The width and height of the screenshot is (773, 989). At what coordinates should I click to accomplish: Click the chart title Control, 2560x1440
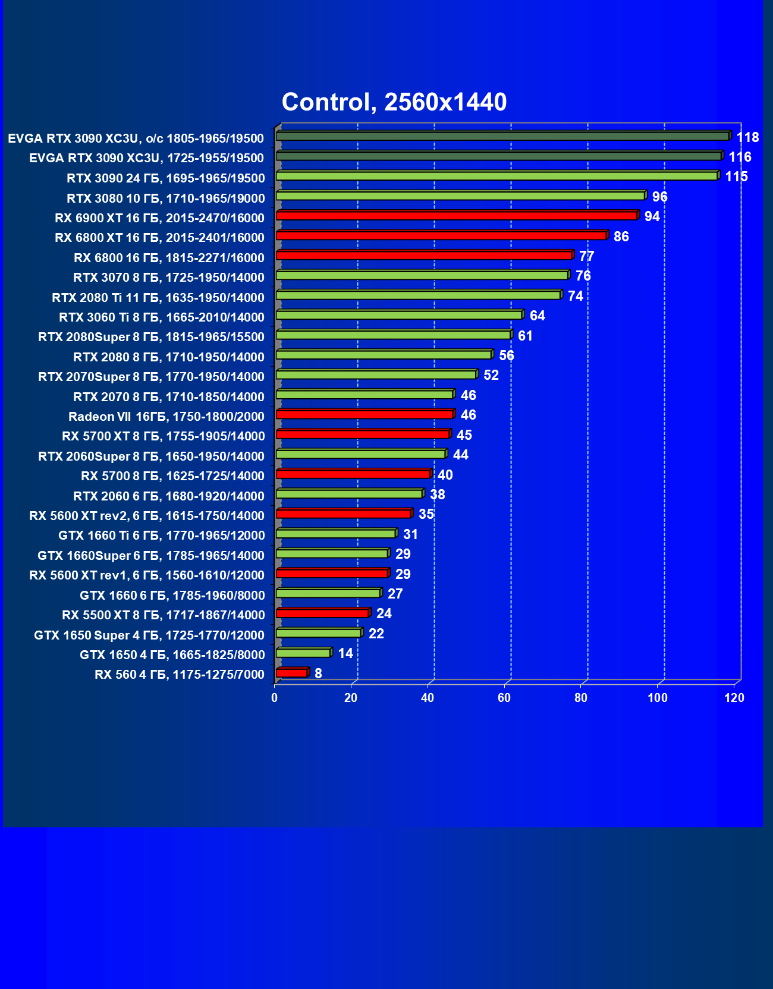pyautogui.click(x=394, y=102)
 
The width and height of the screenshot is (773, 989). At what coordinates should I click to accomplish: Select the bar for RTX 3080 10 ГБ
pyautogui.click(x=460, y=196)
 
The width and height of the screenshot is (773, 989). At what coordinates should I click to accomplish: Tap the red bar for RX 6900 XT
pyautogui.click(x=457, y=216)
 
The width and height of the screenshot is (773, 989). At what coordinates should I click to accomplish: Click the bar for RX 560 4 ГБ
pyautogui.click(x=291, y=673)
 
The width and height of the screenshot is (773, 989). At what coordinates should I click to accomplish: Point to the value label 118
pyautogui.click(x=747, y=137)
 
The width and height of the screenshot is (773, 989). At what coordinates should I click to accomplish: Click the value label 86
pyautogui.click(x=621, y=237)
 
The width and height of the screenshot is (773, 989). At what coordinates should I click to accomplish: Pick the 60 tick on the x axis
pyautogui.click(x=504, y=698)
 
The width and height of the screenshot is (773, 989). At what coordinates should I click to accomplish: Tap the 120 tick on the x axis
pyautogui.click(x=734, y=698)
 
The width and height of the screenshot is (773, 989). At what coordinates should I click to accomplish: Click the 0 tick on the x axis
pyautogui.click(x=275, y=698)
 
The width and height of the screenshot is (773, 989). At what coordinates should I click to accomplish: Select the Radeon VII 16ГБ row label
pyautogui.click(x=166, y=416)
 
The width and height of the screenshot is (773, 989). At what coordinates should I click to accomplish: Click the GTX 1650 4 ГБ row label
pyautogui.click(x=172, y=655)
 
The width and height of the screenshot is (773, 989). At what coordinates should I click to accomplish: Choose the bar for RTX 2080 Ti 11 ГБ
pyautogui.click(x=418, y=295)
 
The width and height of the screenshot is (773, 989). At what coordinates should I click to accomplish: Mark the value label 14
pyautogui.click(x=345, y=653)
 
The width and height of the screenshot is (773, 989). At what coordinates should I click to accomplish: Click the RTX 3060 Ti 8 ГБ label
pyautogui.click(x=161, y=317)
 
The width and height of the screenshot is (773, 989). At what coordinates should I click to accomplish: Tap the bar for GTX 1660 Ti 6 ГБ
pyautogui.click(x=336, y=534)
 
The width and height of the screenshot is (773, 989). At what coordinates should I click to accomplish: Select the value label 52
pyautogui.click(x=491, y=375)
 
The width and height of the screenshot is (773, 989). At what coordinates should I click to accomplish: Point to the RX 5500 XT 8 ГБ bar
pyautogui.click(x=322, y=613)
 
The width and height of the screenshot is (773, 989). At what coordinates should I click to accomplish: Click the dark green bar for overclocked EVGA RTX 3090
pyautogui.click(x=502, y=137)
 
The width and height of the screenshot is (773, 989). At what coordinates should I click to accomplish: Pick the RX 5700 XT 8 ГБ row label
pyautogui.click(x=163, y=436)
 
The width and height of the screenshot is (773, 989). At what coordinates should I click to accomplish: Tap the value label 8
pyautogui.click(x=318, y=673)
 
